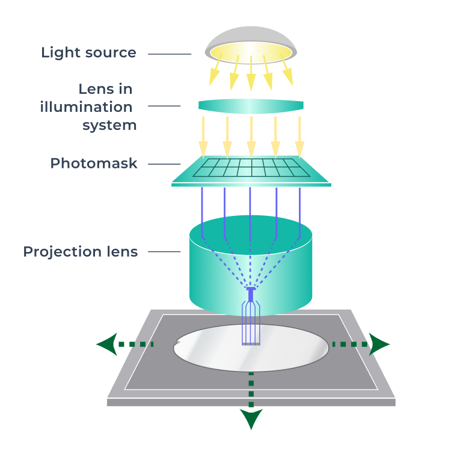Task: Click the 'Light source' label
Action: point(88,53)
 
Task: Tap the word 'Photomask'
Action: point(94,164)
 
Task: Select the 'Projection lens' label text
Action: point(81,251)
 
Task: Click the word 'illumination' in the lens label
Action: point(86,107)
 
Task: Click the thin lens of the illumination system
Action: point(251,106)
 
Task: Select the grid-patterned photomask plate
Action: point(251,170)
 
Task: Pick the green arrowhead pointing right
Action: point(380,345)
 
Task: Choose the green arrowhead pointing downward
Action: point(251,418)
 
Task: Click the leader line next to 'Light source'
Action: point(169,54)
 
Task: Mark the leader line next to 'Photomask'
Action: point(164,164)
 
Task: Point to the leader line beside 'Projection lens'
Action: point(164,251)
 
